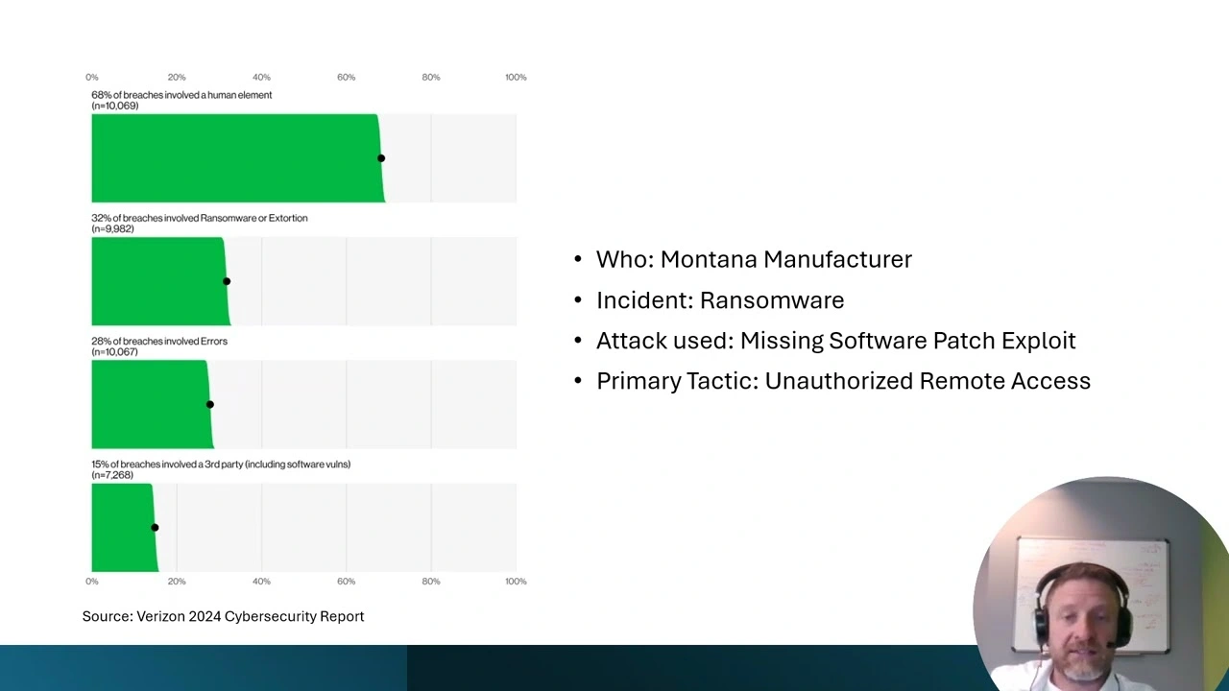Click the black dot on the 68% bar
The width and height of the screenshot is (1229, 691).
tap(381, 158)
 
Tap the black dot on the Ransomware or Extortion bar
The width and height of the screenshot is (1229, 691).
tap(227, 281)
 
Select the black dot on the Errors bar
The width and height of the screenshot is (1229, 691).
tap(210, 404)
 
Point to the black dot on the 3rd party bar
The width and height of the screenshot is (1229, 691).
tap(155, 528)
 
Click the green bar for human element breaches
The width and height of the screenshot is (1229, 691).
tap(236, 158)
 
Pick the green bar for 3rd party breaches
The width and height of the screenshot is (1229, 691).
tap(124, 528)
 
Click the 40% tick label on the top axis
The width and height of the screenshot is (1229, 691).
tap(261, 78)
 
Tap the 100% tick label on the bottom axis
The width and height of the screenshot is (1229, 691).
tap(516, 582)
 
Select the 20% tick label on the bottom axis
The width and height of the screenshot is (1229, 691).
tap(177, 582)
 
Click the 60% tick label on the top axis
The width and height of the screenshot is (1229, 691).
tap(347, 78)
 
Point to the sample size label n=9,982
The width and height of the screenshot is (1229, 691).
tap(112, 228)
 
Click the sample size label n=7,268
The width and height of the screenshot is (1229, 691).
tap(112, 475)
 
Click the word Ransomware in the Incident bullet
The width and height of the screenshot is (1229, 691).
tap(772, 300)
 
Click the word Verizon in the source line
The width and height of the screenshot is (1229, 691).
tap(160, 616)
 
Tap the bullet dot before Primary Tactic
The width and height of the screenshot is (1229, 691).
tap(578, 381)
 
